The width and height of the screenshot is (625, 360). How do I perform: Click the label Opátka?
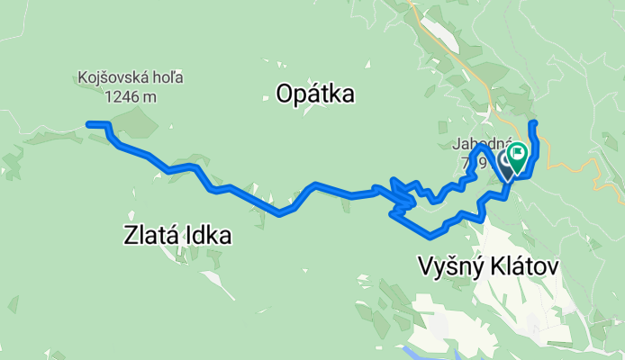tap(315, 94)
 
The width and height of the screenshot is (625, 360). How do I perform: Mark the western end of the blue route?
tap(88, 123)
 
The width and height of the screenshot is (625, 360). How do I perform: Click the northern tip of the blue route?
tap(533, 121)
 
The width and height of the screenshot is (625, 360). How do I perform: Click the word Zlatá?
tap(148, 236)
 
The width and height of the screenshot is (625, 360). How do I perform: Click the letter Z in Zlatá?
tap(129, 236)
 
